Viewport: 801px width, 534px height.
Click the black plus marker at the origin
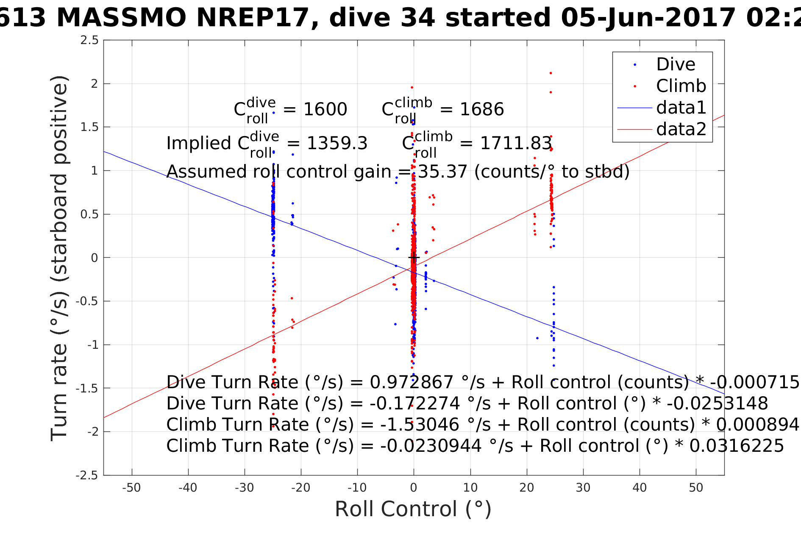[x=414, y=257]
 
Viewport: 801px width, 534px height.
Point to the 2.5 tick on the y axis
[x=89, y=40]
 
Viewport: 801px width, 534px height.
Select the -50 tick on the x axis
[x=131, y=488]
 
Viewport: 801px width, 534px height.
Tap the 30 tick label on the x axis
[x=583, y=488]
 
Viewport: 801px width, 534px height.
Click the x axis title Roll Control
[x=413, y=509]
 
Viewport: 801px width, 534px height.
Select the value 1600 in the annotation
[x=325, y=110]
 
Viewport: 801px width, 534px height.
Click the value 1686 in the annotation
[x=482, y=110]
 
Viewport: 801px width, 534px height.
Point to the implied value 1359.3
[x=337, y=144]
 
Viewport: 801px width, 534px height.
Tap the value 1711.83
[x=516, y=144]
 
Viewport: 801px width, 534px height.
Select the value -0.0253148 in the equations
[x=717, y=403]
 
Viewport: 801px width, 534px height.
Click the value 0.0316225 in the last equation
[x=737, y=446]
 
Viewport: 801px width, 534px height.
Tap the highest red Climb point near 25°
[x=551, y=73]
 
